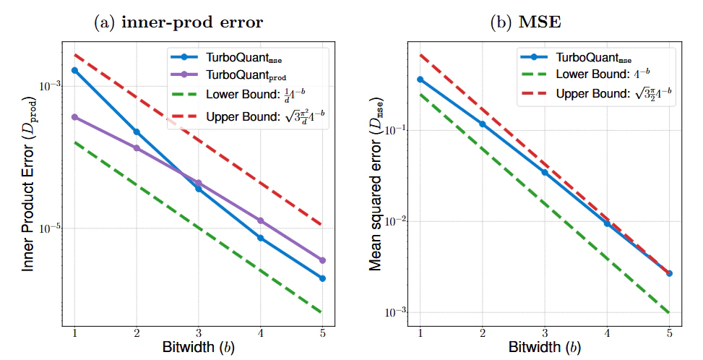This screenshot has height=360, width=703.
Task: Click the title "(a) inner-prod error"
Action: (x=178, y=22)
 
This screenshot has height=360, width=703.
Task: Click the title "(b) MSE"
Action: (x=536, y=22)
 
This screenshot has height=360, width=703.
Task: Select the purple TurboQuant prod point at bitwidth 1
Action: (x=74, y=117)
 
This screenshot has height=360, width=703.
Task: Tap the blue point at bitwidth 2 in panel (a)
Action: (x=137, y=132)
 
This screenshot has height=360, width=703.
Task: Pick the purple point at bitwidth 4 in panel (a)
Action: (x=260, y=220)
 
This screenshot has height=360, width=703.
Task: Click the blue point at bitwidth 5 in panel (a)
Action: (x=322, y=278)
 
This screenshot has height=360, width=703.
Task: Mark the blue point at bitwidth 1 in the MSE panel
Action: (x=420, y=80)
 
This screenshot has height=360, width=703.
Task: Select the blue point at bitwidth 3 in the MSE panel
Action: (x=545, y=172)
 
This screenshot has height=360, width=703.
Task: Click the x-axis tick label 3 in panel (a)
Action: (x=199, y=331)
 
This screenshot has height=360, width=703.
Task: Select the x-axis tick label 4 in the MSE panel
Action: (x=607, y=331)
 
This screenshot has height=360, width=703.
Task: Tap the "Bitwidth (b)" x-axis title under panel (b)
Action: (x=543, y=347)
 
